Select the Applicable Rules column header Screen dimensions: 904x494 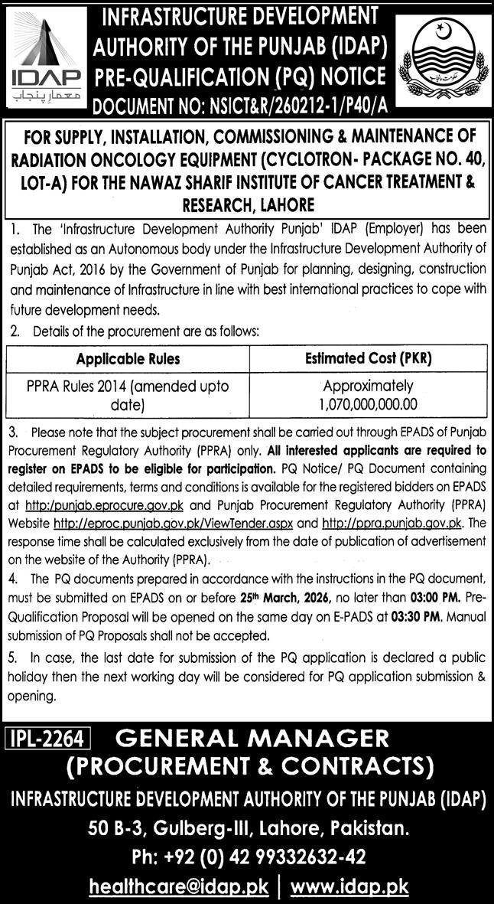pyautogui.click(x=128, y=358)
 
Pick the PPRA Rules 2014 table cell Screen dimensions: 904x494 pyautogui.click(x=128, y=393)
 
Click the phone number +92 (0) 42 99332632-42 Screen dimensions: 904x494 pyautogui.click(x=246, y=856)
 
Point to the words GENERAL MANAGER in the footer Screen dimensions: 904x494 pyautogui.click(x=252, y=739)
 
